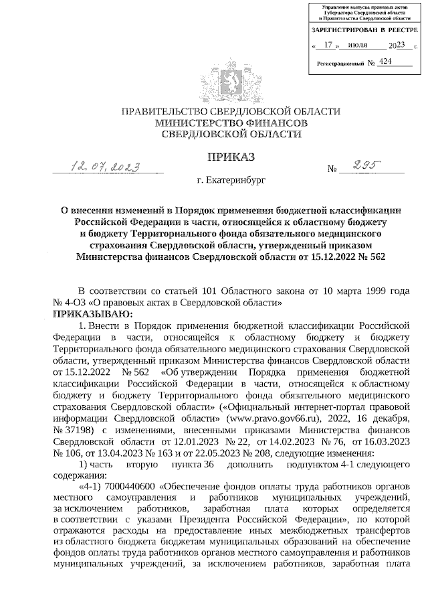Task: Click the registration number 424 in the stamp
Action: click(385, 61)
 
